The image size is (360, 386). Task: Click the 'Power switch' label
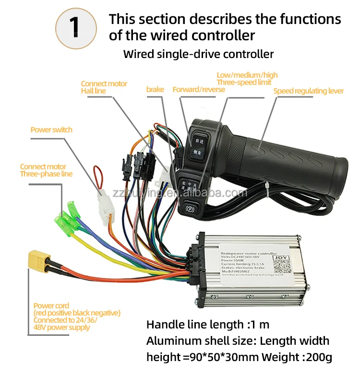51,130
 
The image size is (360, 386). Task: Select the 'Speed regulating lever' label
308,91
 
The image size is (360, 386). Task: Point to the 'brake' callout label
155,90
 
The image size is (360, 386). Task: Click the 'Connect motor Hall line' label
104,87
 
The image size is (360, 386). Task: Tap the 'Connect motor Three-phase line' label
46,170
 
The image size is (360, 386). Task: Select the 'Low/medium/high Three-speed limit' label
247,79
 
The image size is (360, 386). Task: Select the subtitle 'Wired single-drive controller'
198,54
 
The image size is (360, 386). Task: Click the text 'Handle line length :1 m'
207,325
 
